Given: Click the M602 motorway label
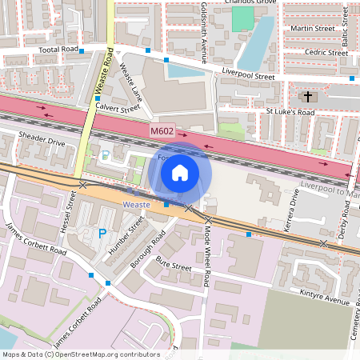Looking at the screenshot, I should coord(162,130).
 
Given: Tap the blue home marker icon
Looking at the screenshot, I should coord(180,172).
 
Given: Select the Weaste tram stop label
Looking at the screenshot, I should coord(136,205).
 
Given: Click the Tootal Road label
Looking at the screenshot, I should coord(59,50).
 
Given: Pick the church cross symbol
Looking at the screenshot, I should coord(307,97).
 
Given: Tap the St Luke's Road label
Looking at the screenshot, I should coord(290,111).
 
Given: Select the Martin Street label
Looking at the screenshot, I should coord(313,29).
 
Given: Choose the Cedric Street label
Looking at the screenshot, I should coord(326,53).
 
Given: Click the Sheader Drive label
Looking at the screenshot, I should coord(42,140).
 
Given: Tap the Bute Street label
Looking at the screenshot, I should coord(174,265).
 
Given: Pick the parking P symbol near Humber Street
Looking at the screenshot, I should coord(102,234).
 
